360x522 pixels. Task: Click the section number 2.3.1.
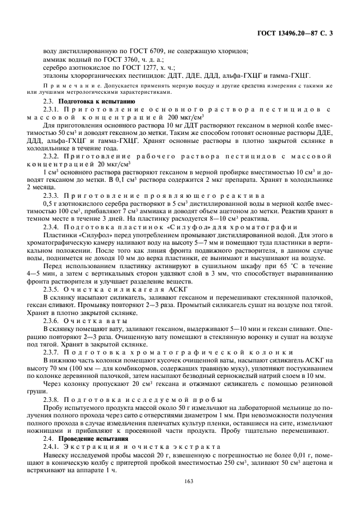coord(52,108)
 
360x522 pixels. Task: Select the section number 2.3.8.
coord(52,400)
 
